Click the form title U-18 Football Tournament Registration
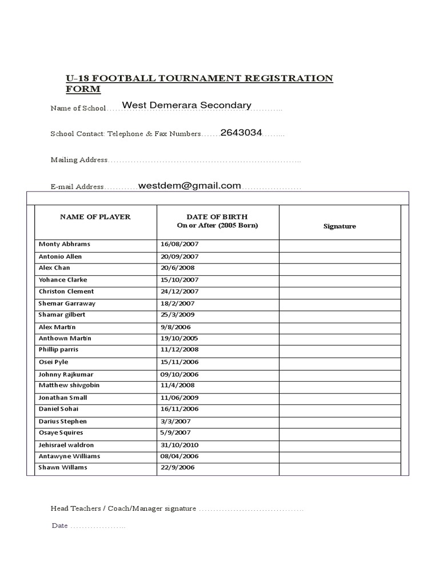click(x=199, y=78)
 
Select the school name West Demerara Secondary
click(x=187, y=105)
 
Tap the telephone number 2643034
click(x=241, y=133)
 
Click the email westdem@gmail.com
click(x=189, y=186)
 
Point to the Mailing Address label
click(x=79, y=160)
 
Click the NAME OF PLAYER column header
click(x=95, y=217)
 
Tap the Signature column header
click(x=340, y=226)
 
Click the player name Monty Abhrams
click(x=64, y=244)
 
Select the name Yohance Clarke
click(x=63, y=280)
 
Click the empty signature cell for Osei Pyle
click(x=340, y=362)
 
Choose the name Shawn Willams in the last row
click(x=63, y=467)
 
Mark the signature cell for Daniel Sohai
click(x=340, y=409)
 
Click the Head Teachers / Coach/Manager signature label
click(x=123, y=508)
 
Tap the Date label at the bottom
click(x=59, y=526)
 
